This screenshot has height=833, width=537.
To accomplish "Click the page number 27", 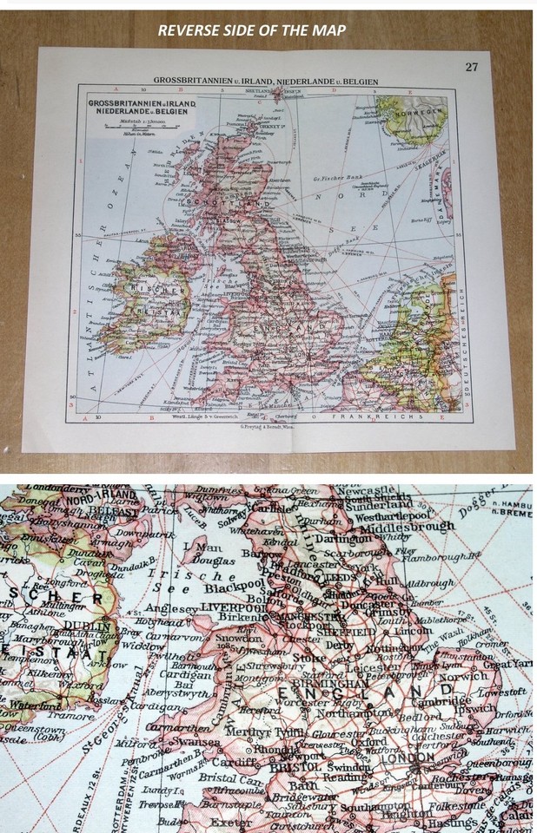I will (471, 68).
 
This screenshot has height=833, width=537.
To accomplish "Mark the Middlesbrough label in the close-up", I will (408, 526).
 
